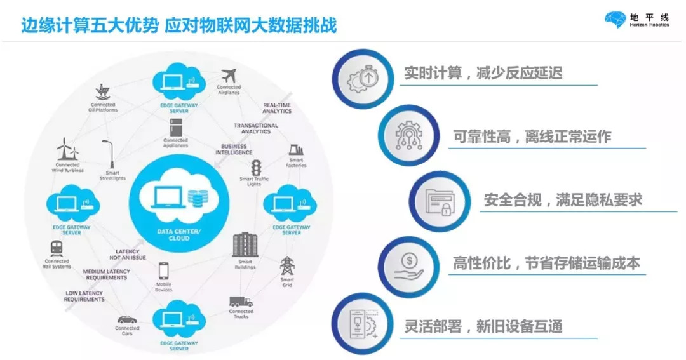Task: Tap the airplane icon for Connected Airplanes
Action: tap(228, 74)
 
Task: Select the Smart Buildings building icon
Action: tap(245, 246)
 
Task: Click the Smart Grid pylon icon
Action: tap(287, 265)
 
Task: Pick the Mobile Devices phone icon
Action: tap(163, 272)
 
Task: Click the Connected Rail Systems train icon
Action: tap(57, 249)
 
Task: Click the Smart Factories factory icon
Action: tap(296, 152)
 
